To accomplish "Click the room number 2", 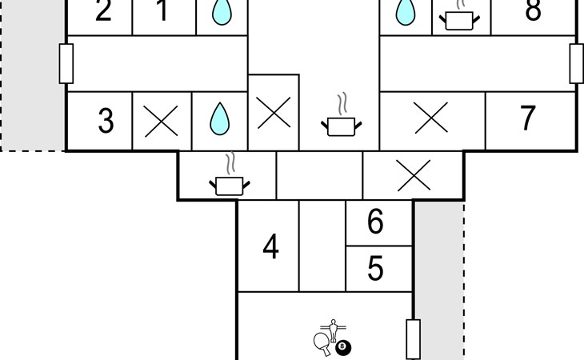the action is (103, 10).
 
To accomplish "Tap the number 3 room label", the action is (106, 121).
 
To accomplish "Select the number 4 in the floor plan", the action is (270, 246).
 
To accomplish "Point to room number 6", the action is (375, 221).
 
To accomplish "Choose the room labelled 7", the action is (527, 118).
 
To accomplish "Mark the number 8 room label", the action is (533, 10).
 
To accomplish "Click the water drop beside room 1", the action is (222, 12).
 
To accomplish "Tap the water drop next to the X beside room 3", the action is (220, 118).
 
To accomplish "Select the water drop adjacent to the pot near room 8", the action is (406, 12).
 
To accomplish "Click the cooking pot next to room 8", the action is (459, 17).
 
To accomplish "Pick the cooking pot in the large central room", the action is (341, 119).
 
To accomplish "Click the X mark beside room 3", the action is (161, 121).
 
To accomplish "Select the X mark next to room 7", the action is (431, 118).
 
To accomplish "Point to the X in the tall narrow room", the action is (274, 113).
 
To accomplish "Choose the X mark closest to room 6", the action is (414, 175).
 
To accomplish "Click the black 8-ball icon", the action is (343, 348).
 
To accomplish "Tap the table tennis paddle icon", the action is (322, 343).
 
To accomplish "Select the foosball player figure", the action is (333, 330).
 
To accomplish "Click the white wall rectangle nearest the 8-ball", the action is (413, 339).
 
